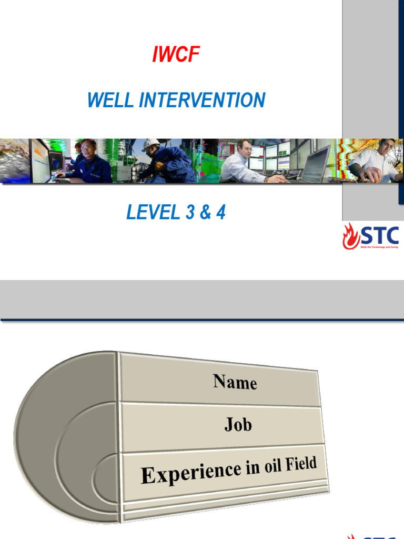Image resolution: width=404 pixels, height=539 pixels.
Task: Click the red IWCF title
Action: (176, 55)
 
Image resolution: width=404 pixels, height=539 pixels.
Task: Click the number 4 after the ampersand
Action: (220, 212)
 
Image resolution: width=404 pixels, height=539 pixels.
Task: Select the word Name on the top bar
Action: (235, 382)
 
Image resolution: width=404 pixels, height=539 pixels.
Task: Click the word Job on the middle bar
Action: (238, 424)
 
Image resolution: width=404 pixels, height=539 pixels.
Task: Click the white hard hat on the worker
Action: (151, 144)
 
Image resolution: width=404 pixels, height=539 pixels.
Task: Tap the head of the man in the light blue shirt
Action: (244, 147)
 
